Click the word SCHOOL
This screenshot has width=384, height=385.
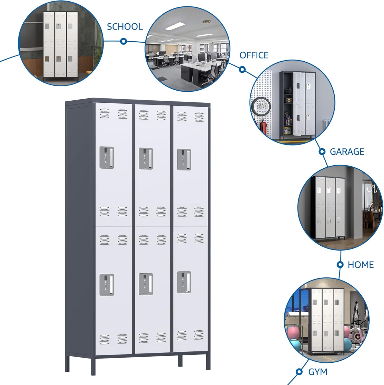(x=125, y=27)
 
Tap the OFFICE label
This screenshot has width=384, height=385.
(x=254, y=55)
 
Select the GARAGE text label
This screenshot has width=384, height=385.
(x=347, y=152)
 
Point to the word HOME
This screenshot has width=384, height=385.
(x=360, y=265)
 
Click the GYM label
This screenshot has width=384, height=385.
(x=318, y=372)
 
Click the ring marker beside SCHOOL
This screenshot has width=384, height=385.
(x=124, y=41)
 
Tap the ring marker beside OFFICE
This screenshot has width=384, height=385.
(x=242, y=69)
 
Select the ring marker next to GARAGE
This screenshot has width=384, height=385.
(x=322, y=152)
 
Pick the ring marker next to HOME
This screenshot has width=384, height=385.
(x=340, y=265)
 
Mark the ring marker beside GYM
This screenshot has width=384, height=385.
(x=299, y=371)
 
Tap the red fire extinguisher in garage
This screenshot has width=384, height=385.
(x=263, y=128)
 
